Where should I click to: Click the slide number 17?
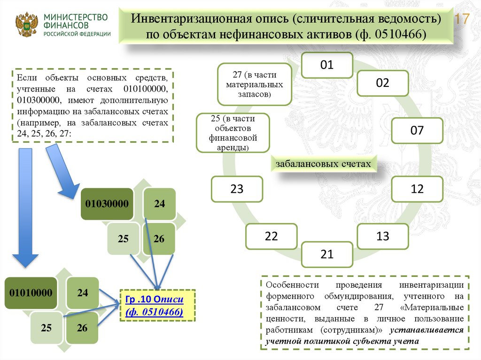(463, 20)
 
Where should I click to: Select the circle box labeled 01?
(327, 65)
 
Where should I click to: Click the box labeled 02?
(382, 83)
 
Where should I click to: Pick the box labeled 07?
(417, 130)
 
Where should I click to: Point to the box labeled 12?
(417, 189)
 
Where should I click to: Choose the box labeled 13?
(382, 236)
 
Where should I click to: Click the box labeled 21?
(327, 254)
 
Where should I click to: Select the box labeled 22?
(272, 236)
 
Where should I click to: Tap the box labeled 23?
(237, 189)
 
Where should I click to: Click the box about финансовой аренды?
(233, 133)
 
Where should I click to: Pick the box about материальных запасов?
(254, 84)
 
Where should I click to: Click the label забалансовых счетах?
(324, 164)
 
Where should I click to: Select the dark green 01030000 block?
(108, 204)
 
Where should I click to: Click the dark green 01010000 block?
(32, 293)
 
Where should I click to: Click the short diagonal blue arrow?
(62, 169)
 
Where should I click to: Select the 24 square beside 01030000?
(159, 204)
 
